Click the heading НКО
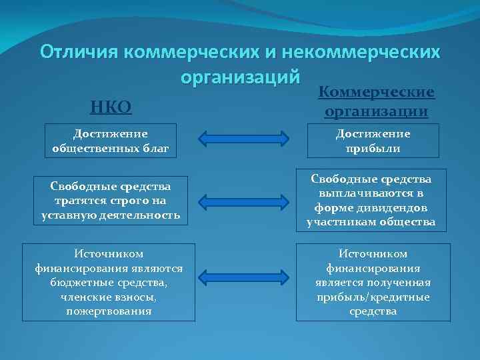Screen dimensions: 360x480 click(x=111, y=106)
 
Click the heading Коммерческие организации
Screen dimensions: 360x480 click(x=377, y=101)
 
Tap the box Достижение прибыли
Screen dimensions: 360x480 click(x=373, y=141)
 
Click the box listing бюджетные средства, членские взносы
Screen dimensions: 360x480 click(x=109, y=282)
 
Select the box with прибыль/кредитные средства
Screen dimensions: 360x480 click(x=373, y=282)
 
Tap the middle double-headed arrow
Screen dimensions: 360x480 click(x=243, y=201)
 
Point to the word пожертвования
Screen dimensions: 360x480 click(x=109, y=311)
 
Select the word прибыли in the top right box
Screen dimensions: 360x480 click(x=373, y=148)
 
